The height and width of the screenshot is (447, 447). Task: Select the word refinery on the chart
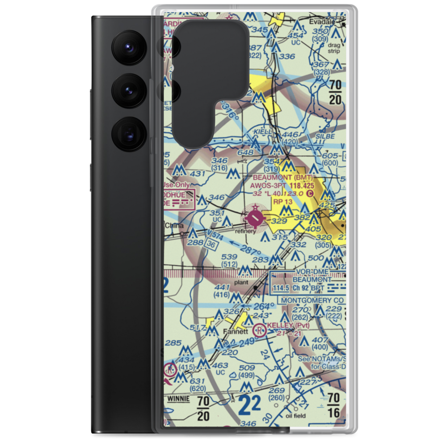[x=247, y=232]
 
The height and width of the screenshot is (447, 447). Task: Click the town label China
[x=174, y=226]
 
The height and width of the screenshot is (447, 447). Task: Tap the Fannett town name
[x=232, y=332]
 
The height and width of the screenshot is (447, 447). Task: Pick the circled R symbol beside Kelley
[x=259, y=331]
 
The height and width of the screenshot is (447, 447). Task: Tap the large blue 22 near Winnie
[x=249, y=405]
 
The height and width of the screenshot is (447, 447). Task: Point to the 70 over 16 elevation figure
[x=333, y=405]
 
